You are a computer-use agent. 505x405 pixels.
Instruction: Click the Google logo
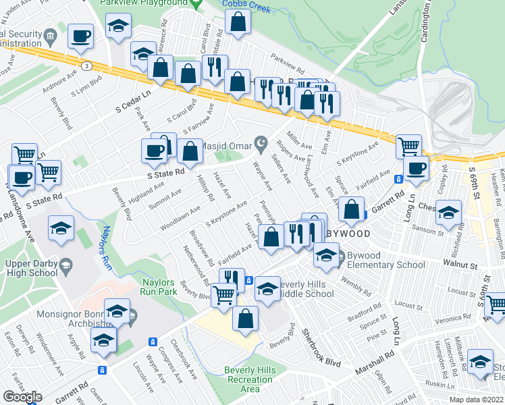[22, 397]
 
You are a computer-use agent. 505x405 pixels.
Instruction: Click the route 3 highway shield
[87, 65]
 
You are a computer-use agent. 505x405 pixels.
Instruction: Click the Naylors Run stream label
[105, 254]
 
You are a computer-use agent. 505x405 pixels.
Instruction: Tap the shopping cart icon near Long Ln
[408, 144]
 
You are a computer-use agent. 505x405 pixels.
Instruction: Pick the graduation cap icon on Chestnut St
[448, 213]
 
